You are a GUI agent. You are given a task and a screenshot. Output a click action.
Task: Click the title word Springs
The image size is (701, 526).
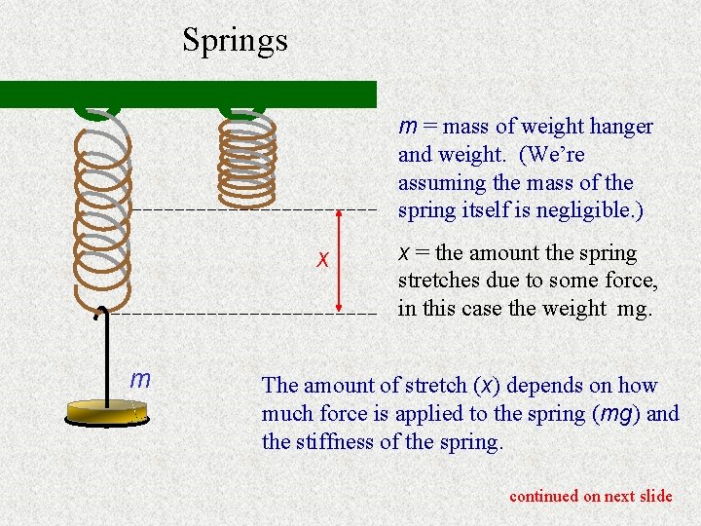coord(235,40)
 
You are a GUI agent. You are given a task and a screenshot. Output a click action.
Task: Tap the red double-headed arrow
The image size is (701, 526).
coord(338,261)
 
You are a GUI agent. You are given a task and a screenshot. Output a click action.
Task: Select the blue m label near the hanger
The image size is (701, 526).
coord(140,379)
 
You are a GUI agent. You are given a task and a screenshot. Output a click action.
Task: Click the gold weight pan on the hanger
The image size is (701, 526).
coord(104,412)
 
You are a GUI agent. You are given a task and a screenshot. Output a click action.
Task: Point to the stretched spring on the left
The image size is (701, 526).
coord(102,205)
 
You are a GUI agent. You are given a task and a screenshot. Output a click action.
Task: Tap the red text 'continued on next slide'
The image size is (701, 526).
coord(590,496)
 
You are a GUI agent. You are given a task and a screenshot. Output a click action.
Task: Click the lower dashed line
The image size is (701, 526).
coord(243,315)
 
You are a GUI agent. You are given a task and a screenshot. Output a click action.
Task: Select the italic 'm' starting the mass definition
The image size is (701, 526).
coord(407,127)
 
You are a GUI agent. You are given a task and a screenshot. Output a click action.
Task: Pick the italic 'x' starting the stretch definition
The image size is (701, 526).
coord(404,253)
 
